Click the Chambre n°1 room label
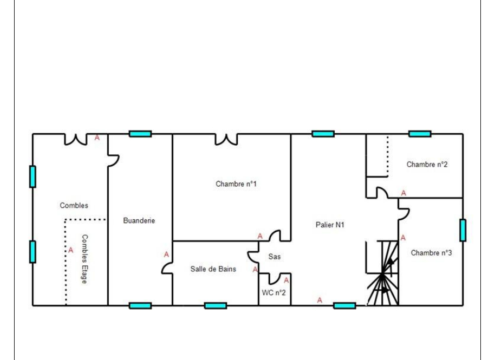point(236,184)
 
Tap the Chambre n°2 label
point(427,165)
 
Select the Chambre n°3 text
point(431,253)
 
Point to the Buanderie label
point(139,220)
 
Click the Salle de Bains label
point(213,269)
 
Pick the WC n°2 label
point(273,292)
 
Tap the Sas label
point(275,257)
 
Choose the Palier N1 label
point(330,225)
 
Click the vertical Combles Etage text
point(84,259)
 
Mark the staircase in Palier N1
point(382,273)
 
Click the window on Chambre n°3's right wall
point(463,230)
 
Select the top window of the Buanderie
point(140,134)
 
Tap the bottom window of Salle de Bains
point(216,305)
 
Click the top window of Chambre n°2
point(420,134)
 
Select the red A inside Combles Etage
point(71,250)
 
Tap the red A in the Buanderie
point(166,254)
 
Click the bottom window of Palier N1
point(344,305)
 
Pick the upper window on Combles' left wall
point(32,176)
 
